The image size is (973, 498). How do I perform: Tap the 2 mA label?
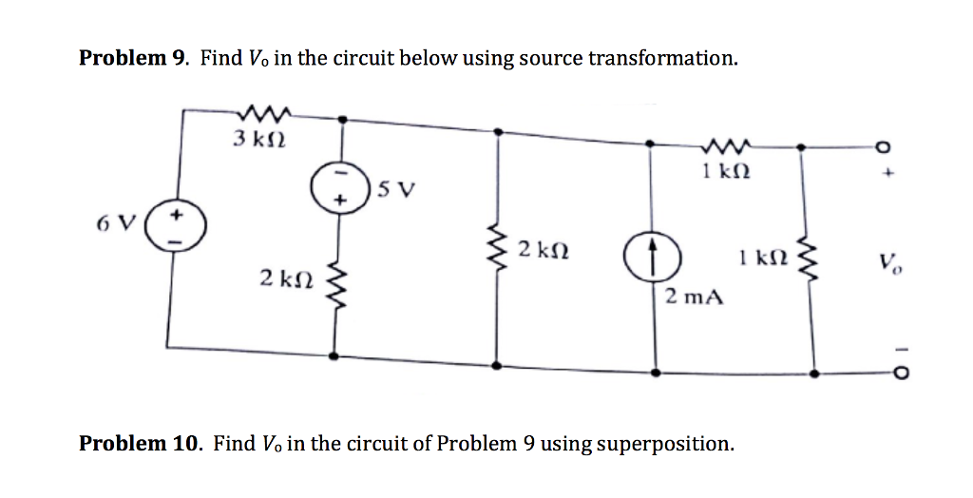pyautogui.click(x=694, y=297)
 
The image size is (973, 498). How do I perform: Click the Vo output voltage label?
pyautogui.click(x=890, y=261)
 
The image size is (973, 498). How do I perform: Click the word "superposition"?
pyautogui.click(x=667, y=444)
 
